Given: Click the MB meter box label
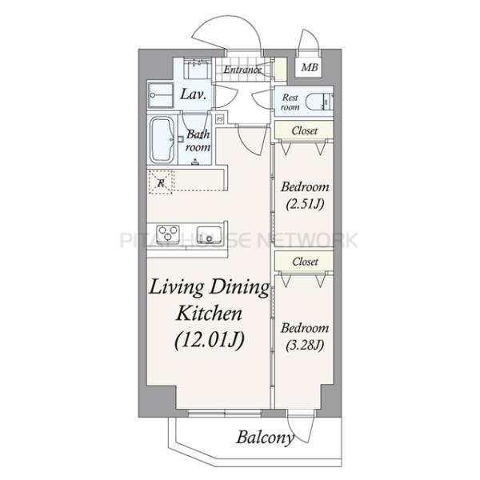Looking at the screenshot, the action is tap(309, 67).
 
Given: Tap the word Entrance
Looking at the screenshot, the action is tap(242, 70).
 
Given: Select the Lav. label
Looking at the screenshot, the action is tap(193, 94).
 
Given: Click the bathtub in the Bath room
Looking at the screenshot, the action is tap(162, 140).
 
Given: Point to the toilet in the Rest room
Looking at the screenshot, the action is tap(319, 101).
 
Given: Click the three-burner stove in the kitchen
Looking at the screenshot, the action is tap(167, 233).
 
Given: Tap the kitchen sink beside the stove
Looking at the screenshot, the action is tap(210, 234).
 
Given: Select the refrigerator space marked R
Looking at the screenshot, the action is tap(161, 182).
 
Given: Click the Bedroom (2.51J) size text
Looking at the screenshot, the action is tap(306, 203).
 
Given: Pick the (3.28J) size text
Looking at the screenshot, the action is tap(305, 345).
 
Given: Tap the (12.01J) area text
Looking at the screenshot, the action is tap(210, 340).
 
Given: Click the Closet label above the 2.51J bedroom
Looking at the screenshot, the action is tap(305, 130).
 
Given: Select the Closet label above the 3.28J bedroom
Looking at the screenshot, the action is tap(305, 262).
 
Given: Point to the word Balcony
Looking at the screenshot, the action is tap(265, 437).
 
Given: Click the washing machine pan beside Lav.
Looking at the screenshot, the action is tap(161, 95).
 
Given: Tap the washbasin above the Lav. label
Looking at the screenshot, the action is tap(197, 68).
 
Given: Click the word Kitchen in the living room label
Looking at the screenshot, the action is tap(210, 313).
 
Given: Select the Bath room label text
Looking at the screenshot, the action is tap(198, 141).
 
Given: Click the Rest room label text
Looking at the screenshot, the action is tap(290, 102).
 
